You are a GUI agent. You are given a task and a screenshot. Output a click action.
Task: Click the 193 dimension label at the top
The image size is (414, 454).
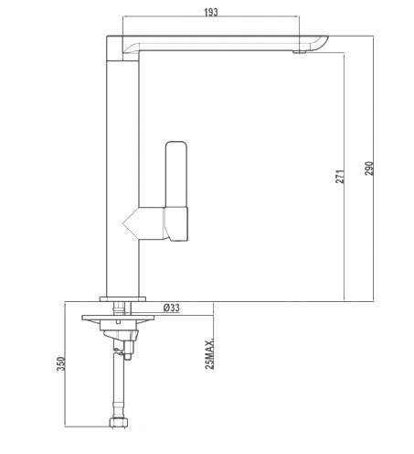pyautogui.click(x=211, y=12)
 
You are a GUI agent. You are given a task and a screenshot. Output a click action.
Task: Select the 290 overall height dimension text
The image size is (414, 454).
pyautogui.click(x=369, y=168)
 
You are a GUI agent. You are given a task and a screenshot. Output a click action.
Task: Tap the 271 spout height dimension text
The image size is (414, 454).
pyautogui.click(x=340, y=177)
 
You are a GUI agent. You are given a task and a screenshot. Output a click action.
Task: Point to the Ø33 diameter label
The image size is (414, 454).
pyautogui.click(x=172, y=308)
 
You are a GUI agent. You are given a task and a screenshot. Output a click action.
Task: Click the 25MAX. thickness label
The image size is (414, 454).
pyautogui.click(x=209, y=353)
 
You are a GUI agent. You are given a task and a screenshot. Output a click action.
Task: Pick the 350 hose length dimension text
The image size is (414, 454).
pyautogui.click(x=61, y=363)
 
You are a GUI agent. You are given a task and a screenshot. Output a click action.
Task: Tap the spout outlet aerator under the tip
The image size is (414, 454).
pyautogui.click(x=299, y=52)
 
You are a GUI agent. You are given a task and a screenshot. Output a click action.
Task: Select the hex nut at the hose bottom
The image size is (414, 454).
pyautogui.click(x=119, y=423)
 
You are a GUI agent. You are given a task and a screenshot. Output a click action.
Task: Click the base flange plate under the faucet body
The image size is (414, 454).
pyautogui.click(x=122, y=299)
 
